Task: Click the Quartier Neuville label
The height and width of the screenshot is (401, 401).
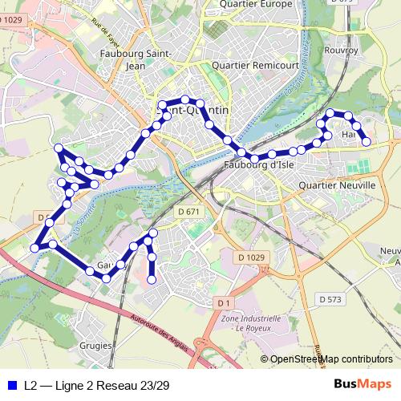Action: pos(336,184)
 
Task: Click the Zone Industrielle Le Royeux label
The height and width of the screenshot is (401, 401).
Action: pos(249,323)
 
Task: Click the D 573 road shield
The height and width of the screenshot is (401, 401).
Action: pos(330,298)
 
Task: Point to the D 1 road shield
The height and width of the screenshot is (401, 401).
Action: pos(224,302)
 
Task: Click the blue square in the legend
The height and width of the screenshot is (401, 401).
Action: pos(10,385)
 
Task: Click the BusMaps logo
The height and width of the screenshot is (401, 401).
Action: pos(362,384)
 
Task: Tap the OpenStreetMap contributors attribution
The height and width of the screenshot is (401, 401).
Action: pos(330,360)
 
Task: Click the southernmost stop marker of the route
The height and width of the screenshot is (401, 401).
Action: pos(151,280)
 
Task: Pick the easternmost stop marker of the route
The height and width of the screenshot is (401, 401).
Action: pos(367,142)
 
